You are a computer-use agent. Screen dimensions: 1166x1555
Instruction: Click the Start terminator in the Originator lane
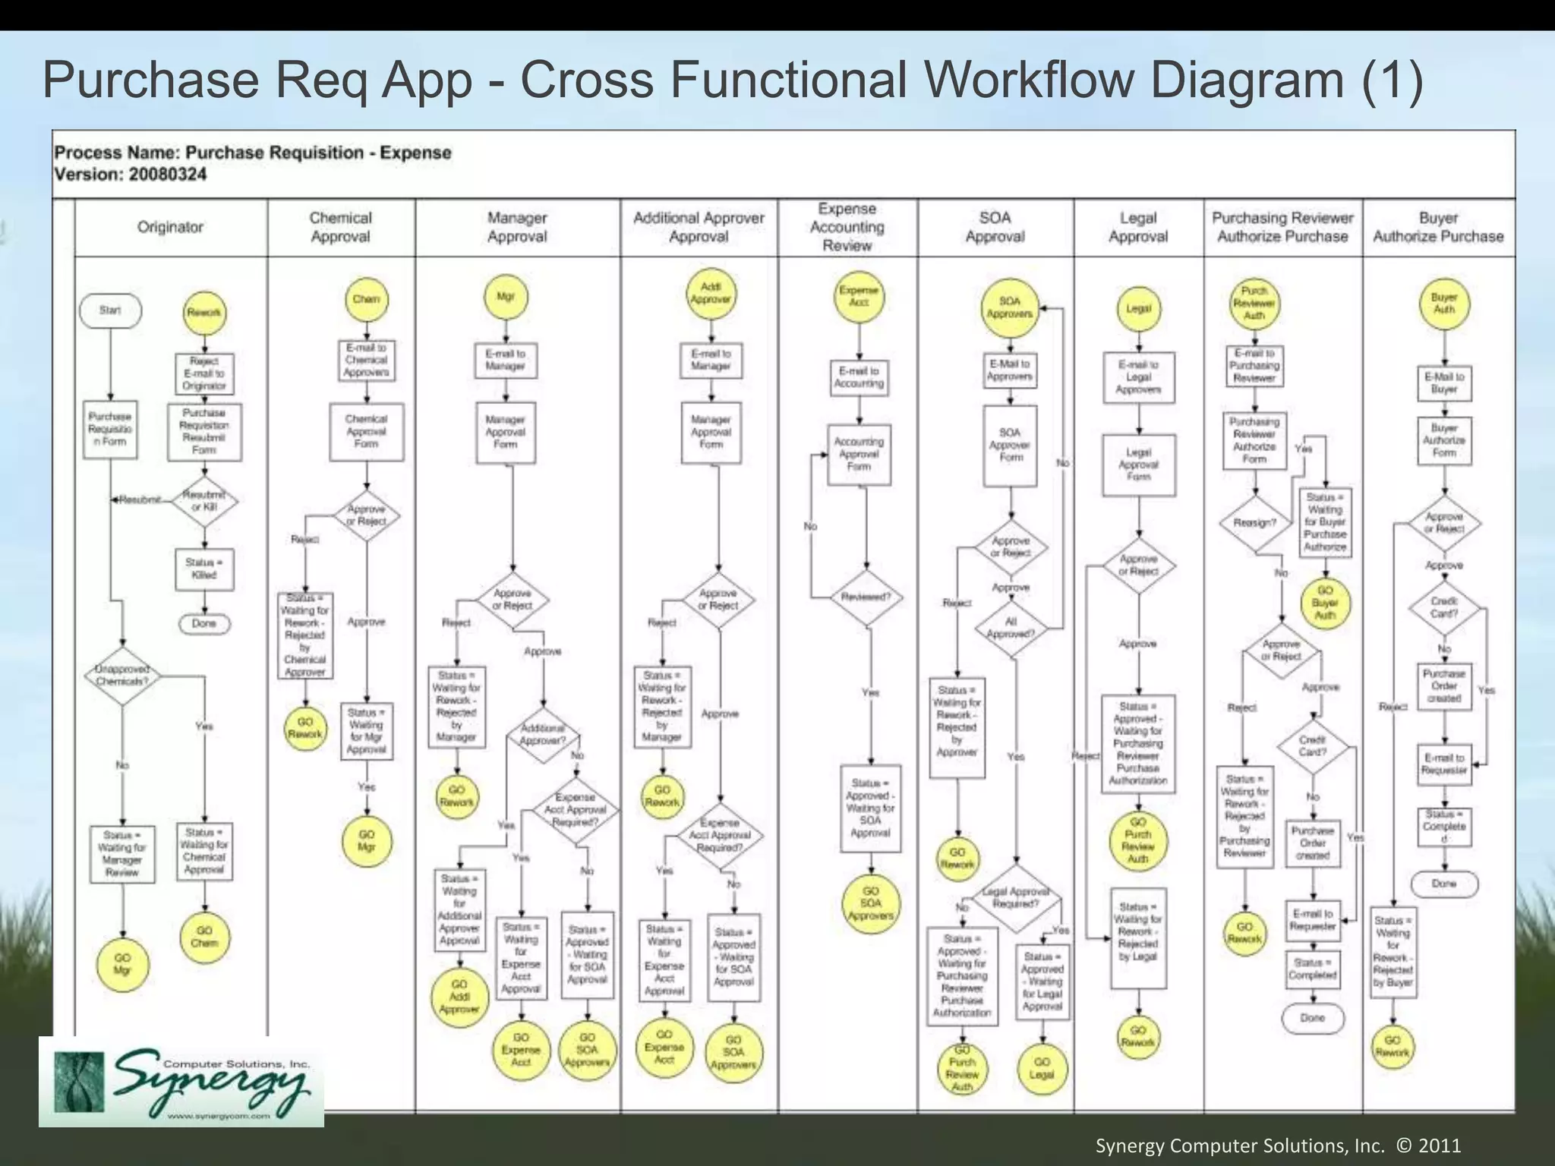point(110,310)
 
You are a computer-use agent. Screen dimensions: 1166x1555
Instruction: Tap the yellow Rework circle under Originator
point(203,313)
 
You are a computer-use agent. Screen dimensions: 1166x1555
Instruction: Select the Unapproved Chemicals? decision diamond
point(122,676)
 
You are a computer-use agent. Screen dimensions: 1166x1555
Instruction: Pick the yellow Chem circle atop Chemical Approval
point(366,299)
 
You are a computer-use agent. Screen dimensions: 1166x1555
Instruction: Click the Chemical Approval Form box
point(366,431)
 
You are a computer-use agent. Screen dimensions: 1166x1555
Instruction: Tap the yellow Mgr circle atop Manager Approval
point(506,297)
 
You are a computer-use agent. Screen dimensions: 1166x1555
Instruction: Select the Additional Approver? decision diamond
point(543,734)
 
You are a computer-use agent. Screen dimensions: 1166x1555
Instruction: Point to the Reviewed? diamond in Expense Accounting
point(866,597)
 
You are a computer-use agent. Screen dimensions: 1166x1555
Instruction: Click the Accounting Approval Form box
point(859,454)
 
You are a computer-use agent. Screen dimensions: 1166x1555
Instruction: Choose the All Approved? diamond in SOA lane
point(1011,628)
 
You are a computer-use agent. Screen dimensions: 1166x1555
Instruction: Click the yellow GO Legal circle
point(1042,1068)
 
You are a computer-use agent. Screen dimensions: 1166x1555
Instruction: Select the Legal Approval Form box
point(1138,465)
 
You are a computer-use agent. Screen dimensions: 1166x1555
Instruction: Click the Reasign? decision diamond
point(1254,522)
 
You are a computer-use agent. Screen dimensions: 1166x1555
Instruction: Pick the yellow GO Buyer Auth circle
point(1325,603)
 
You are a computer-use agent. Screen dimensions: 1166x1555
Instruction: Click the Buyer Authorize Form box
point(1444,440)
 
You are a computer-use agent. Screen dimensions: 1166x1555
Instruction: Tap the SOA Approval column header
point(995,227)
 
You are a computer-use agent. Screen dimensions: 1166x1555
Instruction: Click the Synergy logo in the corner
point(181,1082)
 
